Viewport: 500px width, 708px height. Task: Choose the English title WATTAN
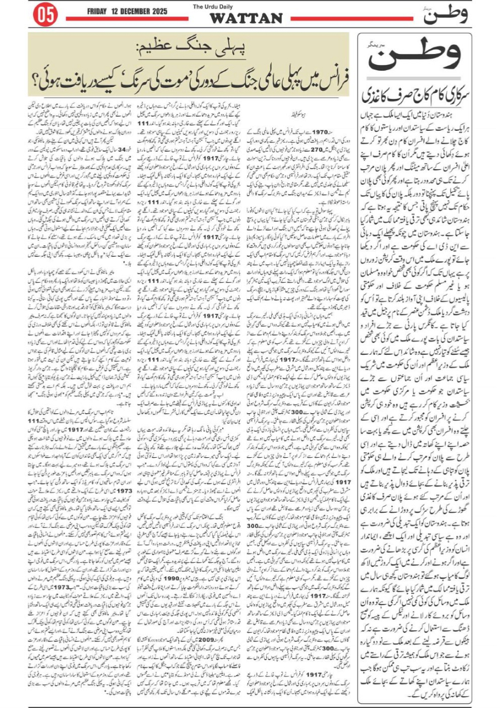pyautogui.click(x=246, y=18)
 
